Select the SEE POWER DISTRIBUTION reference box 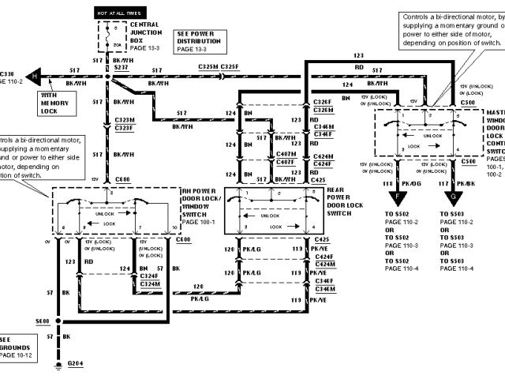coord(198,40)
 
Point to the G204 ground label coord(74,364)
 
